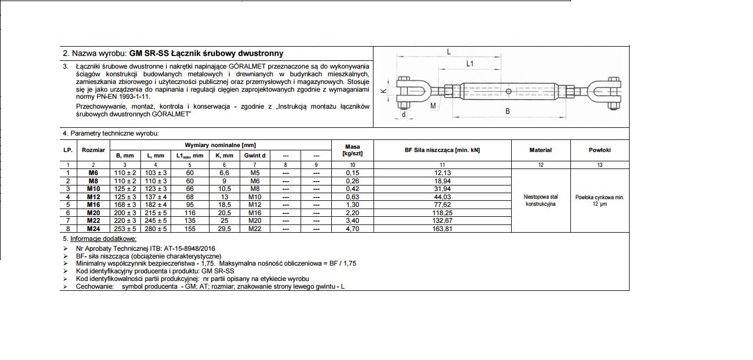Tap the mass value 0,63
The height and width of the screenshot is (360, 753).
click(x=352, y=196)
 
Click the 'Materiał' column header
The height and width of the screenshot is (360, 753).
click(x=541, y=150)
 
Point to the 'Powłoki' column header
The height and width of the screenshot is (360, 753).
click(x=599, y=150)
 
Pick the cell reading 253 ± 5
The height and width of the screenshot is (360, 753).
click(x=125, y=229)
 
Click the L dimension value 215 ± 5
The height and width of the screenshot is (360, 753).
click(x=156, y=212)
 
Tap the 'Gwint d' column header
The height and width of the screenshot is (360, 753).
click(x=254, y=155)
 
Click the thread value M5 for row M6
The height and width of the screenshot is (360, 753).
click(x=254, y=173)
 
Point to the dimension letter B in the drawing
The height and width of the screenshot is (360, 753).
click(x=507, y=111)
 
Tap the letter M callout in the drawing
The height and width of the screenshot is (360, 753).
click(x=433, y=105)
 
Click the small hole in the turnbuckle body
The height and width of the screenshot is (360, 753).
click(x=508, y=91)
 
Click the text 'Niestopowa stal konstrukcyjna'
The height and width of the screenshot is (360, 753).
click(x=541, y=200)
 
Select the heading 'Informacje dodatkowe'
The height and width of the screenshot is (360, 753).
click(x=103, y=239)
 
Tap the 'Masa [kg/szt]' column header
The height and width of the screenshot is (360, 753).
click(x=352, y=150)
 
